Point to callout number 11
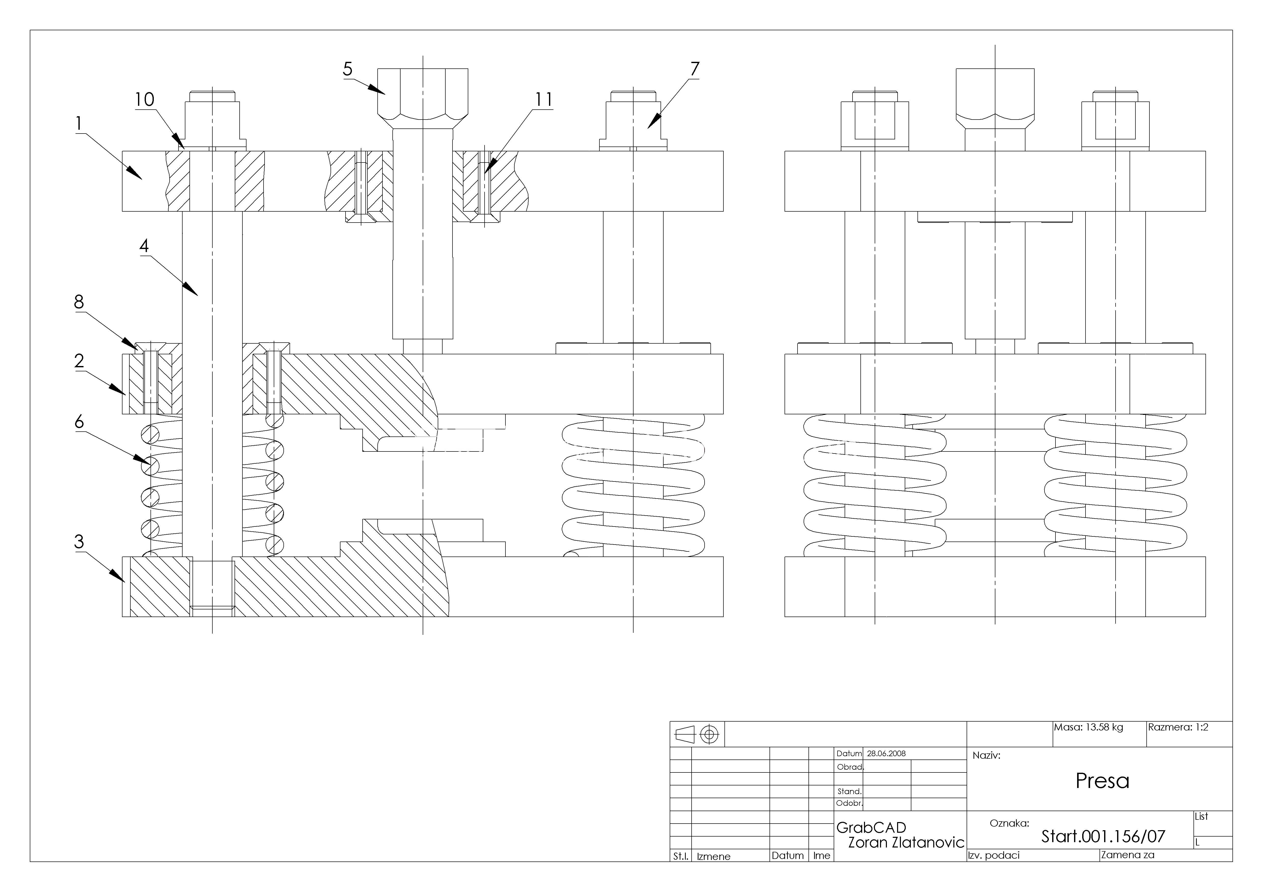coord(543,99)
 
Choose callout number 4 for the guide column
coord(144,246)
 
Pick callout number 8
coord(79,302)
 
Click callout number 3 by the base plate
coord(79,542)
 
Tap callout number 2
coord(79,361)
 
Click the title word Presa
coord(1102,781)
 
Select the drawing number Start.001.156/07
coord(1103,837)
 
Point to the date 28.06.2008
coord(886,753)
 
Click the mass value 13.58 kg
coord(1104,727)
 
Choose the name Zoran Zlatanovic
coord(906,843)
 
